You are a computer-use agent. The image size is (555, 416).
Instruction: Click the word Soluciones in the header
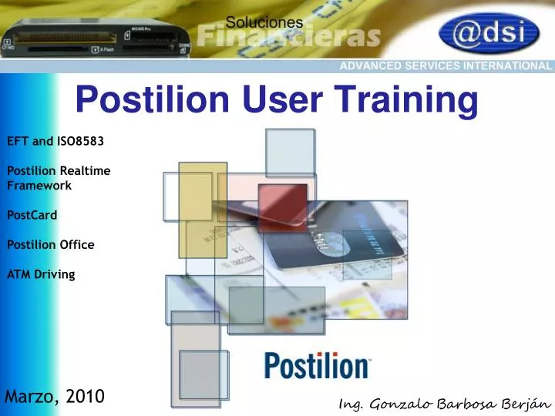(264, 23)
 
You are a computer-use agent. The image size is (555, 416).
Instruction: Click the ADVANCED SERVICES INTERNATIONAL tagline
(446, 65)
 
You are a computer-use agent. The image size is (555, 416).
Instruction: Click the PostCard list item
(32, 215)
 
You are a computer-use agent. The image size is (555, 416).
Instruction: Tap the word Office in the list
(77, 244)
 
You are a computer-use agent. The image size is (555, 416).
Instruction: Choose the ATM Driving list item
(41, 273)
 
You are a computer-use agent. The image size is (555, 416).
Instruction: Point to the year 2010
(85, 397)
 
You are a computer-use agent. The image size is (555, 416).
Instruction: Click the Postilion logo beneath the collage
(317, 365)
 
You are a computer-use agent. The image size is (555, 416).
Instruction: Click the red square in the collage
(282, 208)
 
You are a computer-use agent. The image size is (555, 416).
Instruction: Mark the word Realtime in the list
(86, 170)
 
